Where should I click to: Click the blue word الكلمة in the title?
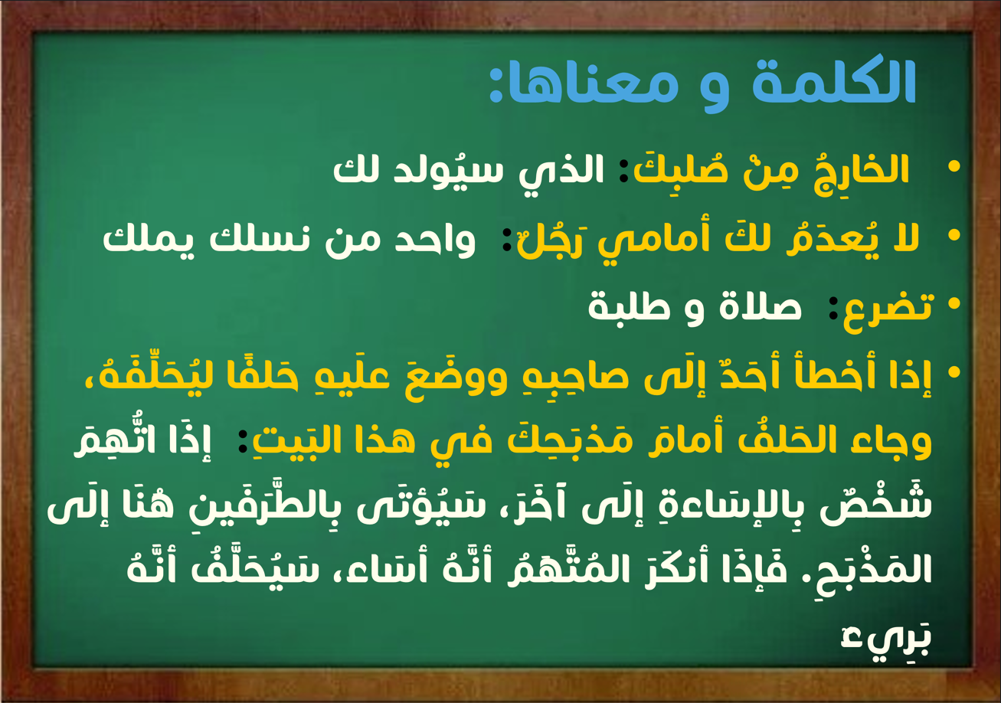pos(833,80)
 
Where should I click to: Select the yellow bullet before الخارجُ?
pos(954,167)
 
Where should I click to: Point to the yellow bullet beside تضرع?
pos(954,304)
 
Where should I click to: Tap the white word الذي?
pos(561,170)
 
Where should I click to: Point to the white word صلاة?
pos(760,305)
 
